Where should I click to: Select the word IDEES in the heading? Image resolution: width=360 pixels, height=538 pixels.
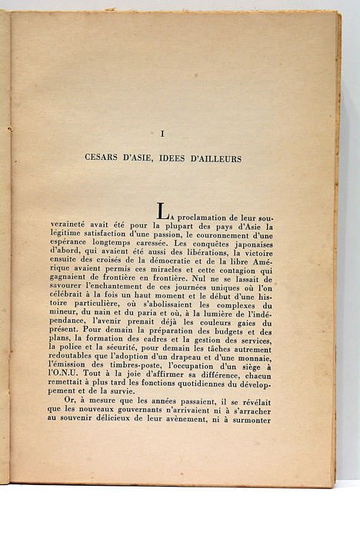click(x=178, y=159)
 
